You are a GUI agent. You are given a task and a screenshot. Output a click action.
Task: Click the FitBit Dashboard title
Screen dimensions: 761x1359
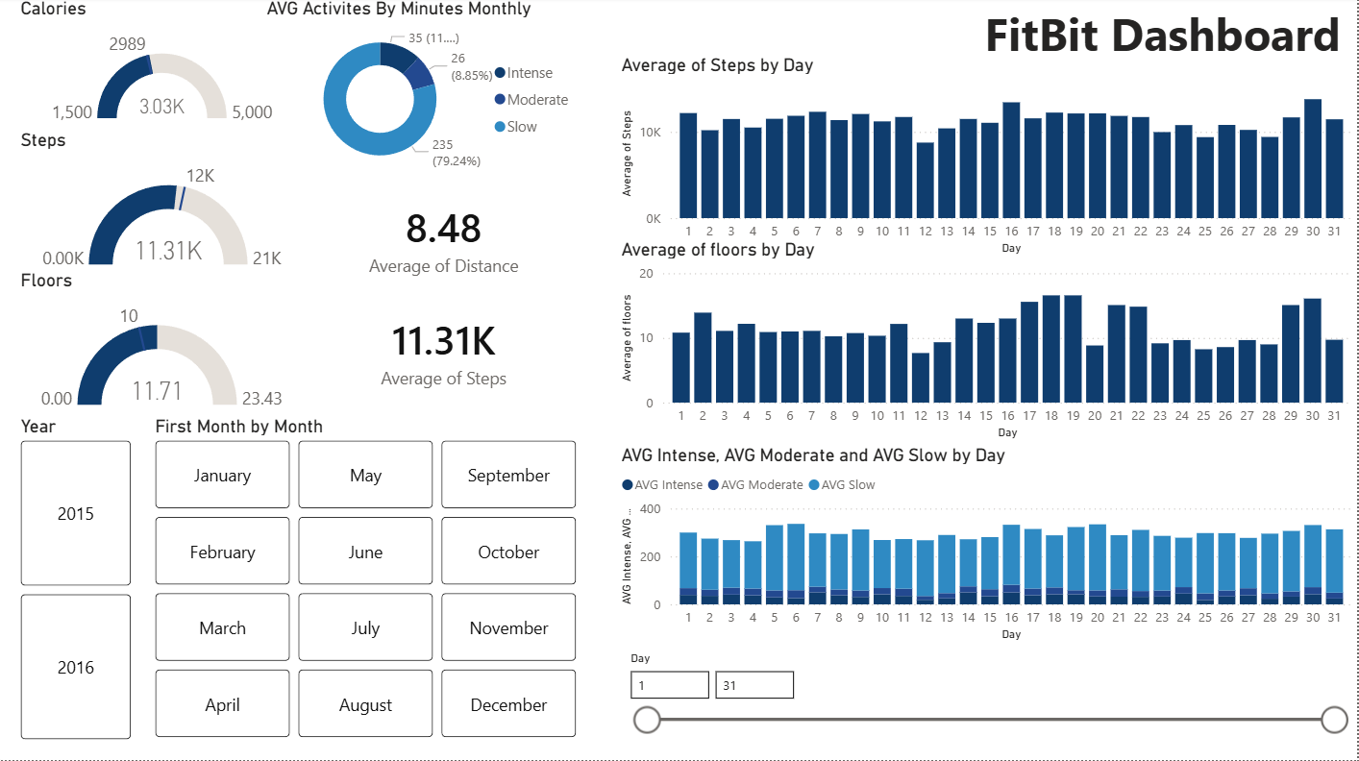point(1162,37)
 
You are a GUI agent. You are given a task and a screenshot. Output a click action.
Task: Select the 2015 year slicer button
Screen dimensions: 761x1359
point(75,513)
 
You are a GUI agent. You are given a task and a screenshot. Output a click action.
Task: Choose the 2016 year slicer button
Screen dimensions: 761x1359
point(75,667)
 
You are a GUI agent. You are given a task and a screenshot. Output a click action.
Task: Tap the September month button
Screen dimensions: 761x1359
point(508,475)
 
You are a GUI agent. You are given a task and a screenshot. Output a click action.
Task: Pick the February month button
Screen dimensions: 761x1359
point(222,552)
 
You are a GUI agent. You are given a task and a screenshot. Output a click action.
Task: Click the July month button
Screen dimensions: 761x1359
point(365,627)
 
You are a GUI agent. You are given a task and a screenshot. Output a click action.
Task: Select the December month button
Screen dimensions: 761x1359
point(508,704)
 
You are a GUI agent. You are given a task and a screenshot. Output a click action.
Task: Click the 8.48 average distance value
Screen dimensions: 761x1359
point(443,229)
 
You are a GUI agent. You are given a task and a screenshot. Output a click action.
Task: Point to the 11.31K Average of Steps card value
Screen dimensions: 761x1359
point(443,341)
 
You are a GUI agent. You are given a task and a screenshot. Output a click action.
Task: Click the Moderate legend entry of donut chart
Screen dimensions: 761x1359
point(536,100)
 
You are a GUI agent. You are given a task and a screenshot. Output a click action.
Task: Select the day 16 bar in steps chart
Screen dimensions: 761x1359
point(1011,160)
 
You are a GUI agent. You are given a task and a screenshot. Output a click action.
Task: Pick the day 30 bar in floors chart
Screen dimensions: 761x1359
point(1312,351)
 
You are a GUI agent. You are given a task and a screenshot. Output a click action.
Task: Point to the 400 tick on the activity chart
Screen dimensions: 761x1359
point(651,509)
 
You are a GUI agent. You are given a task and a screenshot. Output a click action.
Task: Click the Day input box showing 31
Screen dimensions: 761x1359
point(754,685)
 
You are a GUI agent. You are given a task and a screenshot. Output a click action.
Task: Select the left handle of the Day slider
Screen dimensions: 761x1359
point(648,720)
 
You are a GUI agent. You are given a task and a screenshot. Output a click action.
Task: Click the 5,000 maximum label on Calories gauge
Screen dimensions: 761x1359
point(252,112)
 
